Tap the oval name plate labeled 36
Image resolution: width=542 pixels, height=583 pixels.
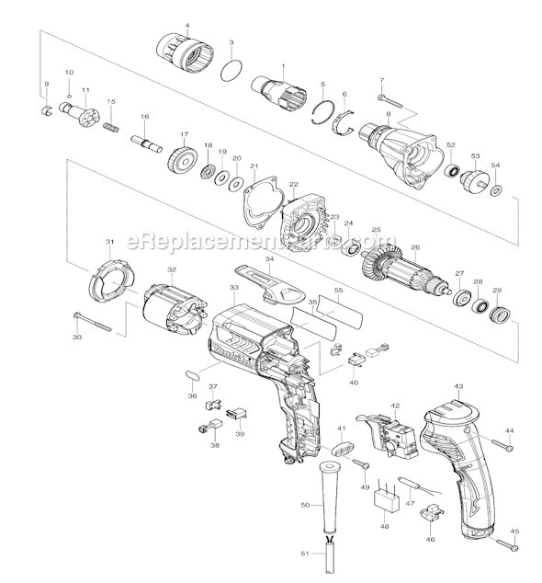click(x=191, y=377)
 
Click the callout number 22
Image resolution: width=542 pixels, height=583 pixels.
click(x=294, y=186)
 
